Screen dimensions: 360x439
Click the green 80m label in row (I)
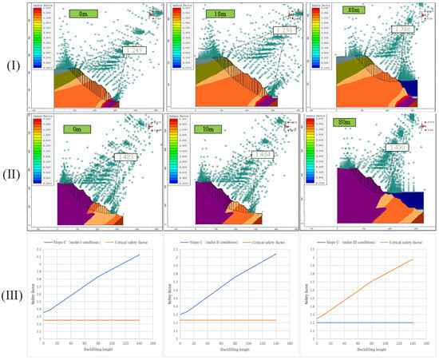point(354,14)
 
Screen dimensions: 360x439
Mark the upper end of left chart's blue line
point(140,255)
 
